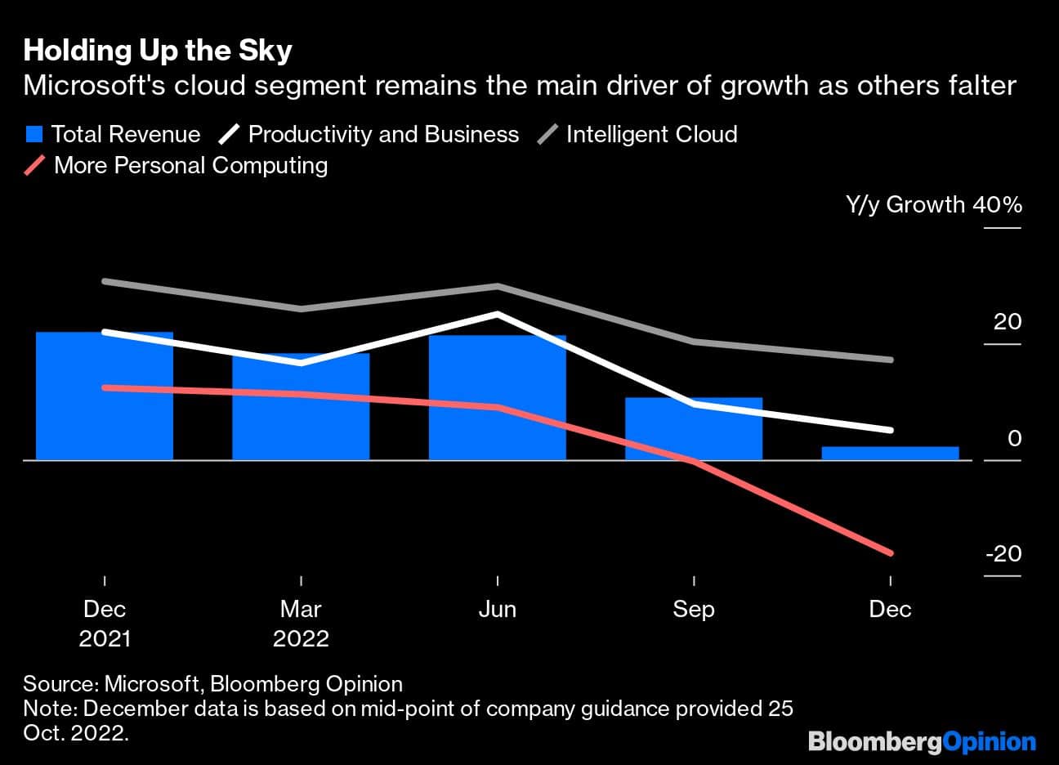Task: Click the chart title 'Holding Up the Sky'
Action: (158, 51)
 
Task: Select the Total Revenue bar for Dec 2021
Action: (105, 396)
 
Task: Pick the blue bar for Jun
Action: (497, 398)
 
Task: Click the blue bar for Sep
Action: (694, 429)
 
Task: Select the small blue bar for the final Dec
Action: (890, 454)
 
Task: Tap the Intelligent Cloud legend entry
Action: (637, 134)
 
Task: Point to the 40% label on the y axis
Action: (997, 204)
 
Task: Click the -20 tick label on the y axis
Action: (1003, 553)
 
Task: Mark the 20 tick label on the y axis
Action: (1008, 321)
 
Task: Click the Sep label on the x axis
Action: (694, 609)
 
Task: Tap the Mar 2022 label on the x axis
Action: (301, 624)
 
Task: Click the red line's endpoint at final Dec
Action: (890, 553)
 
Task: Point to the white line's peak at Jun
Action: (497, 313)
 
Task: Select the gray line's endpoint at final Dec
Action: (890, 360)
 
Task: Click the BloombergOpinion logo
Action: (922, 741)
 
